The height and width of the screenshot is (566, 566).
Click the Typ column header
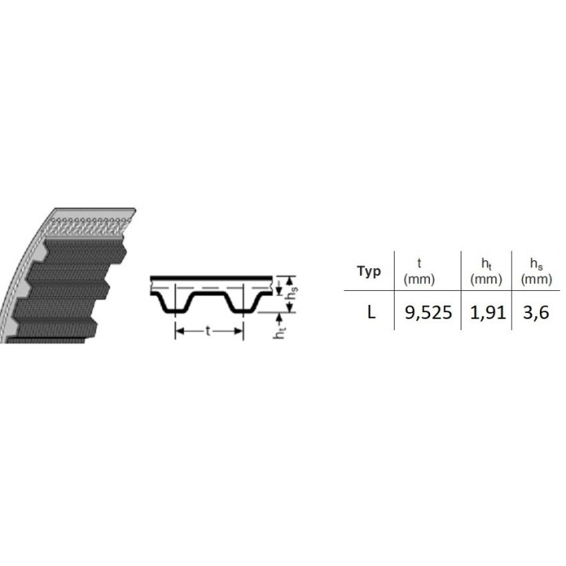tap(369, 271)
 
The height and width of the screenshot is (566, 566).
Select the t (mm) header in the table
tap(419, 271)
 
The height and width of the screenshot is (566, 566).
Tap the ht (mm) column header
tap(487, 272)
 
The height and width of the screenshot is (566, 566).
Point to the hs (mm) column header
tap(536, 272)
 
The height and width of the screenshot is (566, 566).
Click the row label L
tap(371, 312)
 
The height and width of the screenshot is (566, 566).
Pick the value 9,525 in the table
tap(428, 313)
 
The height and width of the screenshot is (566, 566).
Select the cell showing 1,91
tap(487, 313)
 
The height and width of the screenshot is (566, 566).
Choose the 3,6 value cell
tap(536, 313)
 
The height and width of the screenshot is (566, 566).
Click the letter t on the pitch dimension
tap(208, 331)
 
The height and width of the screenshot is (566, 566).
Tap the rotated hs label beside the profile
tap(292, 292)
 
